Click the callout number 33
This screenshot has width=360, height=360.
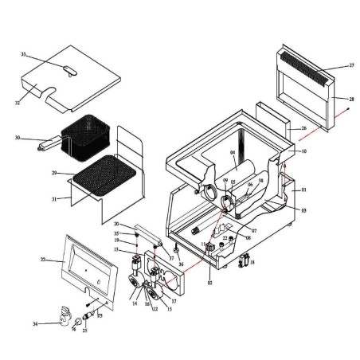[x=24, y=55]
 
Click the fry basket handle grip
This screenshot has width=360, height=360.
[x=45, y=145]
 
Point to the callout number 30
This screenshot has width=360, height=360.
[x=17, y=138]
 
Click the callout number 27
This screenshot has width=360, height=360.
[x=350, y=65]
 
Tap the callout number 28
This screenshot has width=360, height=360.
[x=350, y=98]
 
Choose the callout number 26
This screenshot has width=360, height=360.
[x=303, y=127]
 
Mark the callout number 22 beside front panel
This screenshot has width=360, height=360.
[x=42, y=260]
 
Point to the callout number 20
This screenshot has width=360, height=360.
[x=116, y=224]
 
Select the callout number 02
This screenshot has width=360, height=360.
[x=209, y=282]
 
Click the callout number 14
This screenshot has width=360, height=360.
[x=135, y=303]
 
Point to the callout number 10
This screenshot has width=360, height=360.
[x=303, y=151]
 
